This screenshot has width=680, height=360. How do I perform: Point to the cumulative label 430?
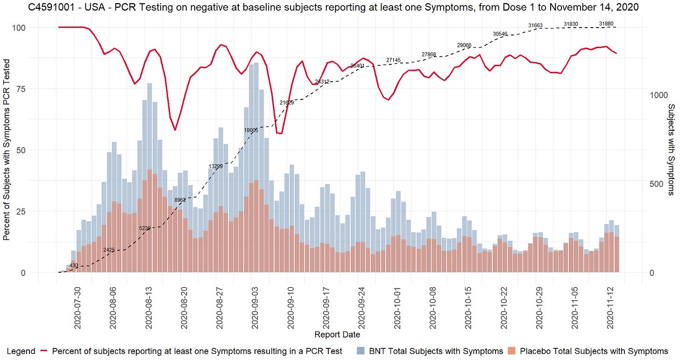[74, 266]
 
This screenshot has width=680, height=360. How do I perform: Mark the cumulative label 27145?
[393, 60]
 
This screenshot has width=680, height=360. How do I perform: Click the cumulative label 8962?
[180, 200]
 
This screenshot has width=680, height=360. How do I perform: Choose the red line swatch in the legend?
[45, 351]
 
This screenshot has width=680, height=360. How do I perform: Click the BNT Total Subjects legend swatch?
[361, 351]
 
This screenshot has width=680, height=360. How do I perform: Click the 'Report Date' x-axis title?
[337, 334]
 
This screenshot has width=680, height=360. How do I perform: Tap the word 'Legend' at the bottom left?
[21, 351]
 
